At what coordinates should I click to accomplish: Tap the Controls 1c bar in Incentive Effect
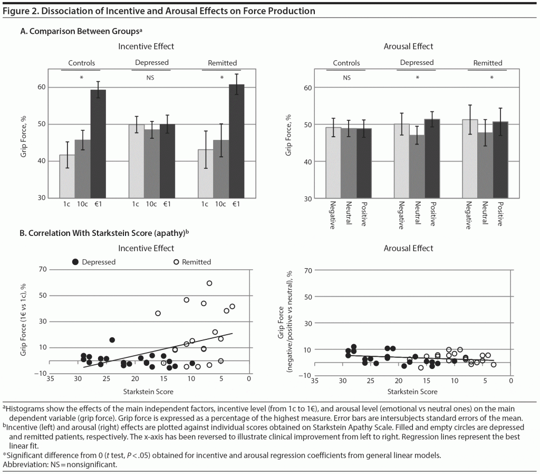click(67, 176)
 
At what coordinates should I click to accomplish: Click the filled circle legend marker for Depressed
click(75, 262)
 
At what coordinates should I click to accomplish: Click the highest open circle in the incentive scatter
click(209, 283)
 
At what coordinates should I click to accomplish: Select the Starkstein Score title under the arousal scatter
click(412, 392)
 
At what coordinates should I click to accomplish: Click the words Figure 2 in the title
click(20, 10)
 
